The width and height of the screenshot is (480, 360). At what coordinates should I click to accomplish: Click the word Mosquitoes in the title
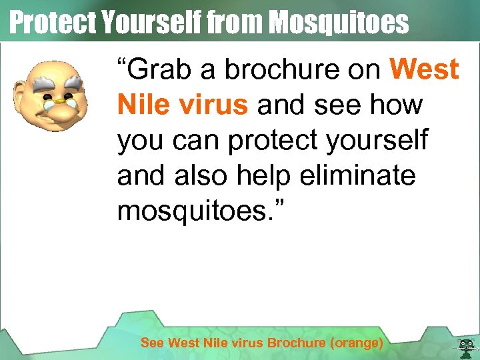[338, 23]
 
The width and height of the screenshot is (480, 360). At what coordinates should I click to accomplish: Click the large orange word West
[424, 70]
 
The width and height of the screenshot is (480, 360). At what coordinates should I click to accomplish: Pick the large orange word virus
[211, 105]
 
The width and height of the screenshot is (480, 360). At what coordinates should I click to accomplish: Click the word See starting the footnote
[152, 343]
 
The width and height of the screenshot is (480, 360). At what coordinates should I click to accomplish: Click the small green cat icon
[465, 345]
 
